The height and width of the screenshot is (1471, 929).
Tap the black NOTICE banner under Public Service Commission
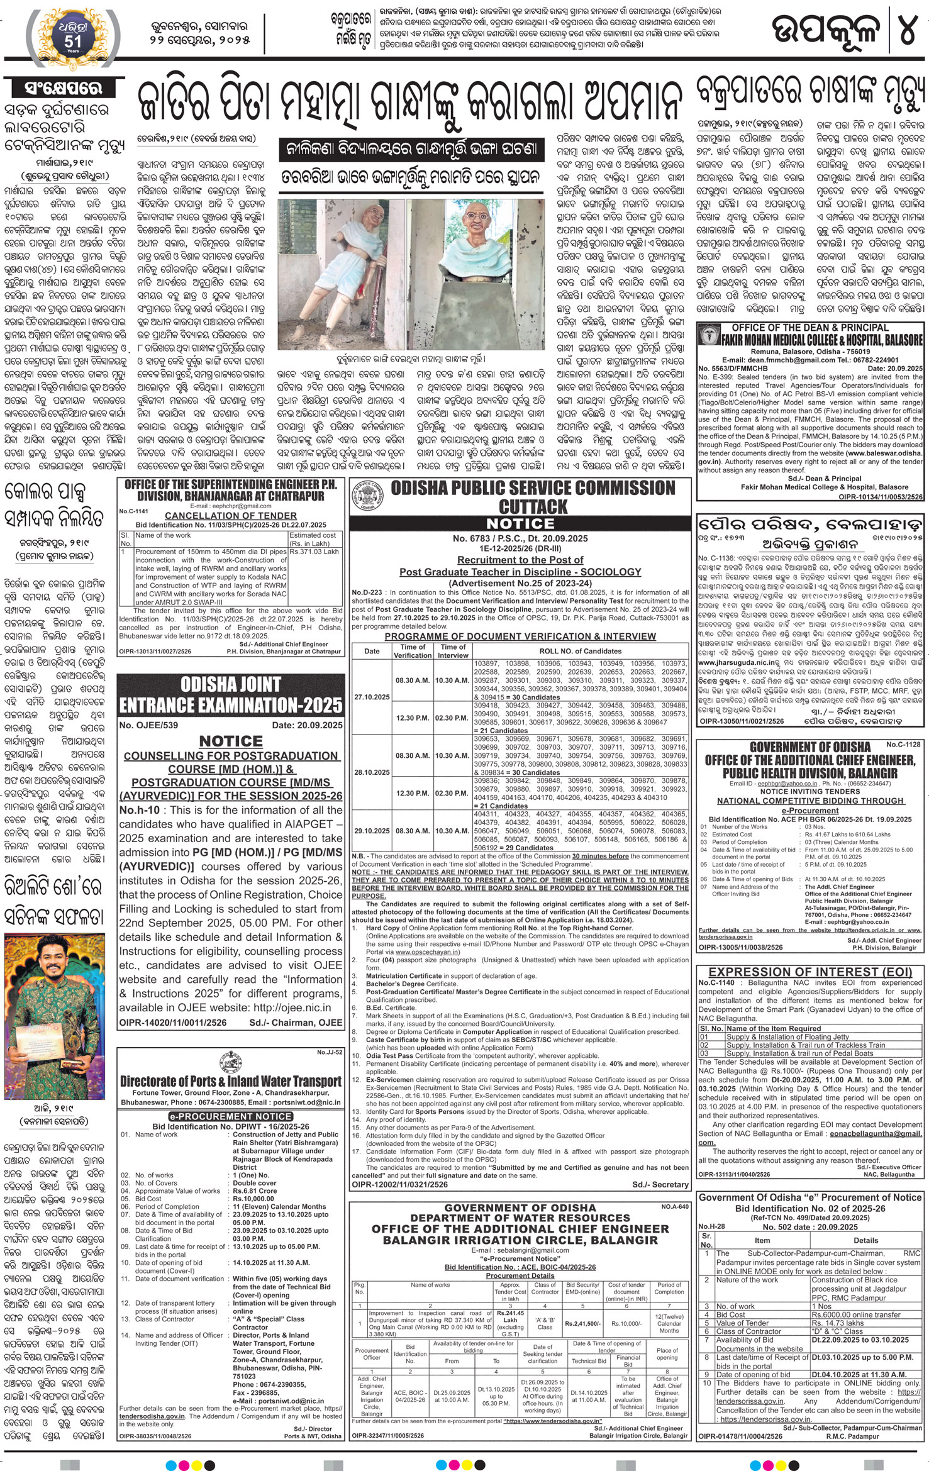pyautogui.click(x=521, y=523)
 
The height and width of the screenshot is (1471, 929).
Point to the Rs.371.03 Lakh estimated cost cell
pyautogui.click(x=314, y=552)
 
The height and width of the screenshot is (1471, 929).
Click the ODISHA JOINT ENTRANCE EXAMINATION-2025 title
pyautogui.click(x=231, y=695)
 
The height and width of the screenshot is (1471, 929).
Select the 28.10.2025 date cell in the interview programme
pyautogui.click(x=372, y=772)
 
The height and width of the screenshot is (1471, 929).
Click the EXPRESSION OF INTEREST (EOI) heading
pyautogui.click(x=810, y=971)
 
